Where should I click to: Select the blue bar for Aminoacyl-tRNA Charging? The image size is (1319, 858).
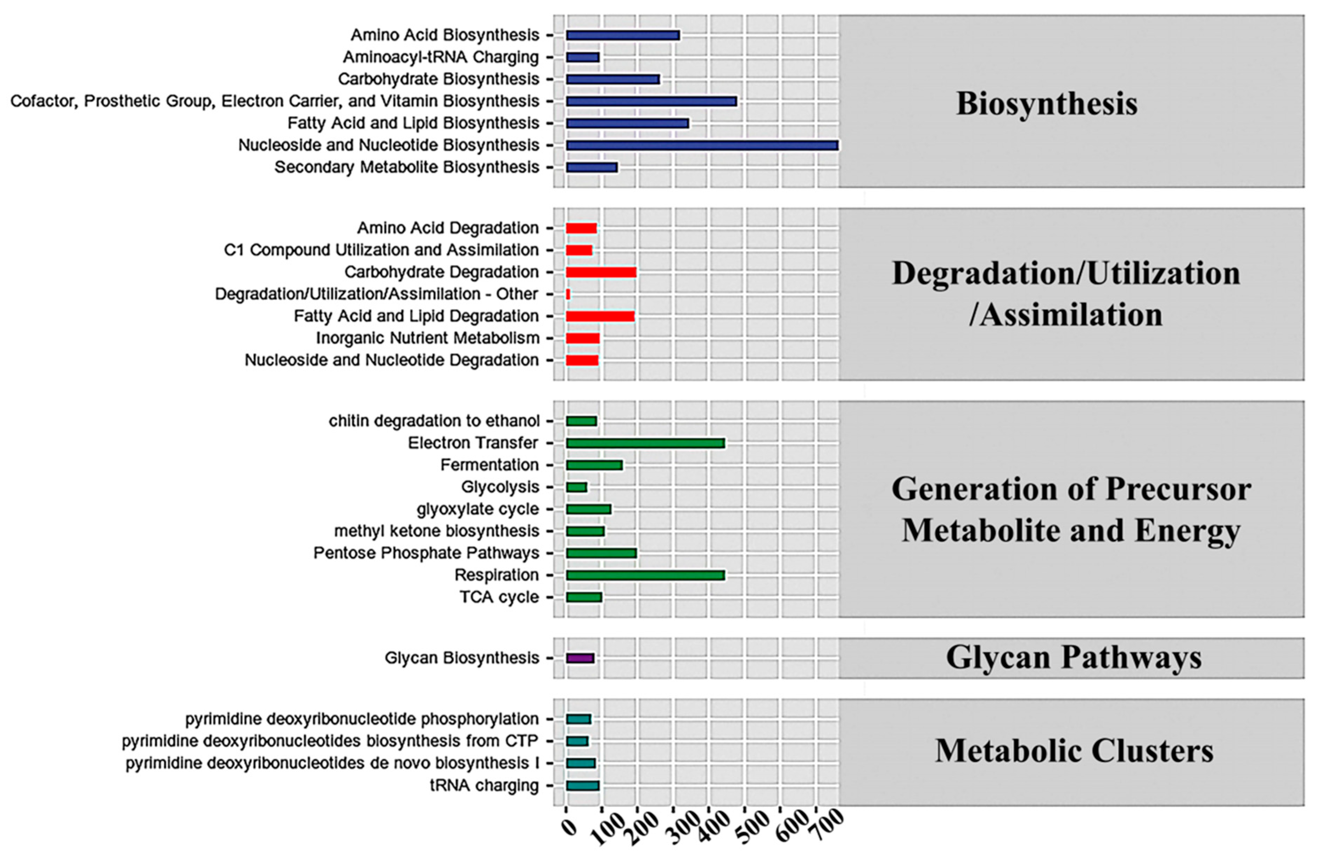point(582,57)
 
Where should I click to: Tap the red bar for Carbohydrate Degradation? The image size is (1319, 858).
point(601,272)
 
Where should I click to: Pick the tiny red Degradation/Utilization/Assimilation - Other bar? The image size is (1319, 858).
point(568,294)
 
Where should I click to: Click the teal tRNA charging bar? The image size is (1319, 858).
point(582,785)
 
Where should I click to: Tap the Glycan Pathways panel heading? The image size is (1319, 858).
point(1073,658)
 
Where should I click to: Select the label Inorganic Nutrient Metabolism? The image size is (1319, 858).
point(427,338)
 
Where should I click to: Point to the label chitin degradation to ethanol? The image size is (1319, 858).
point(434,421)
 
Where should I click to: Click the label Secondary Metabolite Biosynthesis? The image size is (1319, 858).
point(407,168)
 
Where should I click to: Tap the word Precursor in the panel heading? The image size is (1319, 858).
point(1178,489)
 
